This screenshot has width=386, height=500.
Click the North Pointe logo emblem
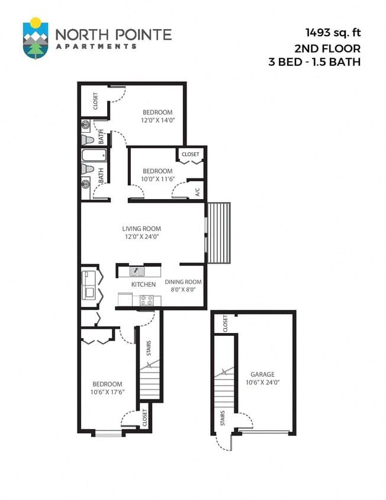(36, 39)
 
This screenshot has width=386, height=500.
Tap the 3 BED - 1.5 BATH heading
(315, 61)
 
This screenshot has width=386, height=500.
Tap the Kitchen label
(144, 284)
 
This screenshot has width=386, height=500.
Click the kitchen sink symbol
(137, 272)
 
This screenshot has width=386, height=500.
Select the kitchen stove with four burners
(146, 300)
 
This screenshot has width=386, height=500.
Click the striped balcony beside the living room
(220, 233)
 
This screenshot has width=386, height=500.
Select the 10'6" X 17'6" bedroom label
(107, 388)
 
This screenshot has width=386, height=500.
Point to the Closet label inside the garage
(225, 323)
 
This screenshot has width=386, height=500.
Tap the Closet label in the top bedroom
(96, 101)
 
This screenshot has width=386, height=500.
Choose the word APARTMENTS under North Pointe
(96, 46)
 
